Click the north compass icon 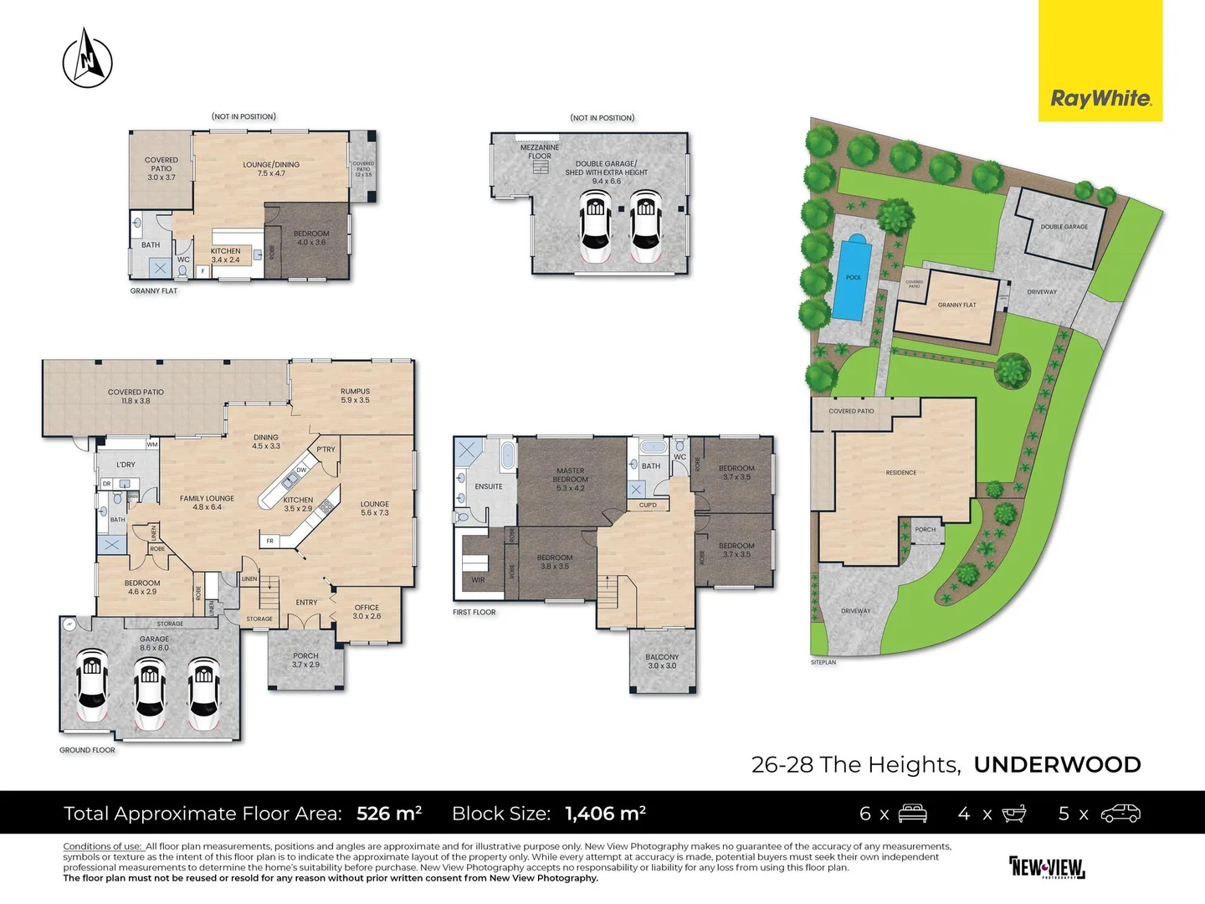point(87,59)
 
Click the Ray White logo point(1100,99)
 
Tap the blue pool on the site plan point(852,277)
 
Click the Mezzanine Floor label point(540,152)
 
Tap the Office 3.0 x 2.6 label point(367,612)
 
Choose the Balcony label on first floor point(662,661)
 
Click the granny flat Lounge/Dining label point(271,169)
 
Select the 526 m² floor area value point(389,814)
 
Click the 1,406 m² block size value point(605,814)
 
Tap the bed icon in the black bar point(912,814)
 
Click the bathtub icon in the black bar point(1014,814)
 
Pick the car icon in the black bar point(1120,814)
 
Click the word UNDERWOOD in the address point(1057,765)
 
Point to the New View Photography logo point(1047,867)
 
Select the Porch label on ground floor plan point(305,660)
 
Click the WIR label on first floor point(478,580)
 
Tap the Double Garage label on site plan point(1064,227)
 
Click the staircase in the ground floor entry point(269,596)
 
